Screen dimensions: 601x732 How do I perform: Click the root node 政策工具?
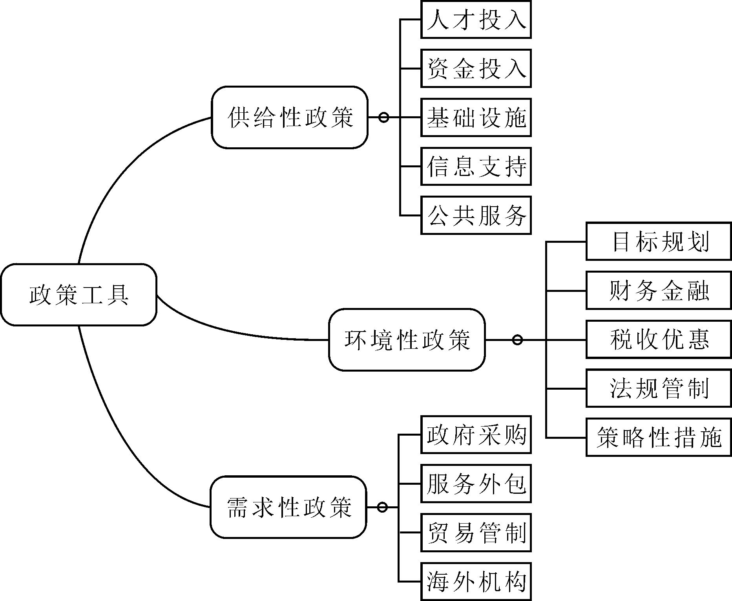78,295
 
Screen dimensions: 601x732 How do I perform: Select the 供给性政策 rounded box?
290,117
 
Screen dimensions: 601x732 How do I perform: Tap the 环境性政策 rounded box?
407,340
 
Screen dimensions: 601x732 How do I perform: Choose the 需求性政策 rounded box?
288,507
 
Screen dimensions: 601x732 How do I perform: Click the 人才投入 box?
476,20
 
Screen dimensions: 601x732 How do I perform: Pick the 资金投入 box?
476,68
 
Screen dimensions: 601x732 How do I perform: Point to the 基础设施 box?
476,117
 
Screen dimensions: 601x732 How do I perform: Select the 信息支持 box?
476,166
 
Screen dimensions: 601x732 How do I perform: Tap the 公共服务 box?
476,215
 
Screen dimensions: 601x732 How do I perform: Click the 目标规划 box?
659,241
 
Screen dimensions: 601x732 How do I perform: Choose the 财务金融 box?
659,291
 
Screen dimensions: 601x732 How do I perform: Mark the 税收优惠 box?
659,339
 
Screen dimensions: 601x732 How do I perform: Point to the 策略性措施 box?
659,437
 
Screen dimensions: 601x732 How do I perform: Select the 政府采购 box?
476,435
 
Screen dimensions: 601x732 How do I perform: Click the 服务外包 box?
476,484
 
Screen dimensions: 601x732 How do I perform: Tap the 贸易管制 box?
476,533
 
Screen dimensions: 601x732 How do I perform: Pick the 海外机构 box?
476,581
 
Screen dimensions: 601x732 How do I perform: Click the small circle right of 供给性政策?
384,117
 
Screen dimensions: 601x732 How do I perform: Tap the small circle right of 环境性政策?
518,340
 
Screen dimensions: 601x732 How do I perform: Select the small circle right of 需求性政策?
382,507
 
